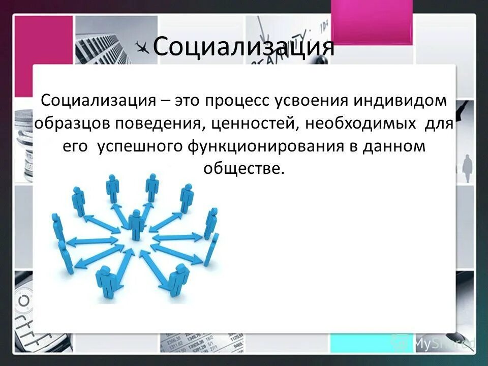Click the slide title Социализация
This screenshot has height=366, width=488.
click(x=243, y=47)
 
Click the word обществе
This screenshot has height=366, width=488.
click(x=242, y=168)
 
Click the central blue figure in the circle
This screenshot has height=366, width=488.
click(x=136, y=224)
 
